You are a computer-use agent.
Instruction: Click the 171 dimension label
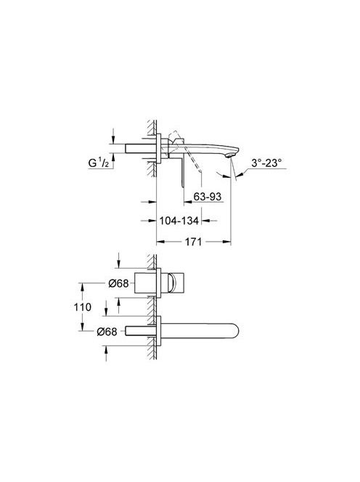coord(193,242)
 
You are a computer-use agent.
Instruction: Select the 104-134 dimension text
coord(179,221)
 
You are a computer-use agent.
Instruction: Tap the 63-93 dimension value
coord(207,197)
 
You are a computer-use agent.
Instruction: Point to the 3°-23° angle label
coord(266,163)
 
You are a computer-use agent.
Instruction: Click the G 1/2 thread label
coord(99,163)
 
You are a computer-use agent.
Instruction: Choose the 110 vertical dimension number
coord(83,307)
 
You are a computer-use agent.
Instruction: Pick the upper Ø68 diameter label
coord(118,283)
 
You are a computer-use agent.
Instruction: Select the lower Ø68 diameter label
coord(107,332)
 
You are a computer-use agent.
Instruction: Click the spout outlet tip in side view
coord(229,156)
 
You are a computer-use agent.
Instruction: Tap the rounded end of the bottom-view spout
coord(234,331)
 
